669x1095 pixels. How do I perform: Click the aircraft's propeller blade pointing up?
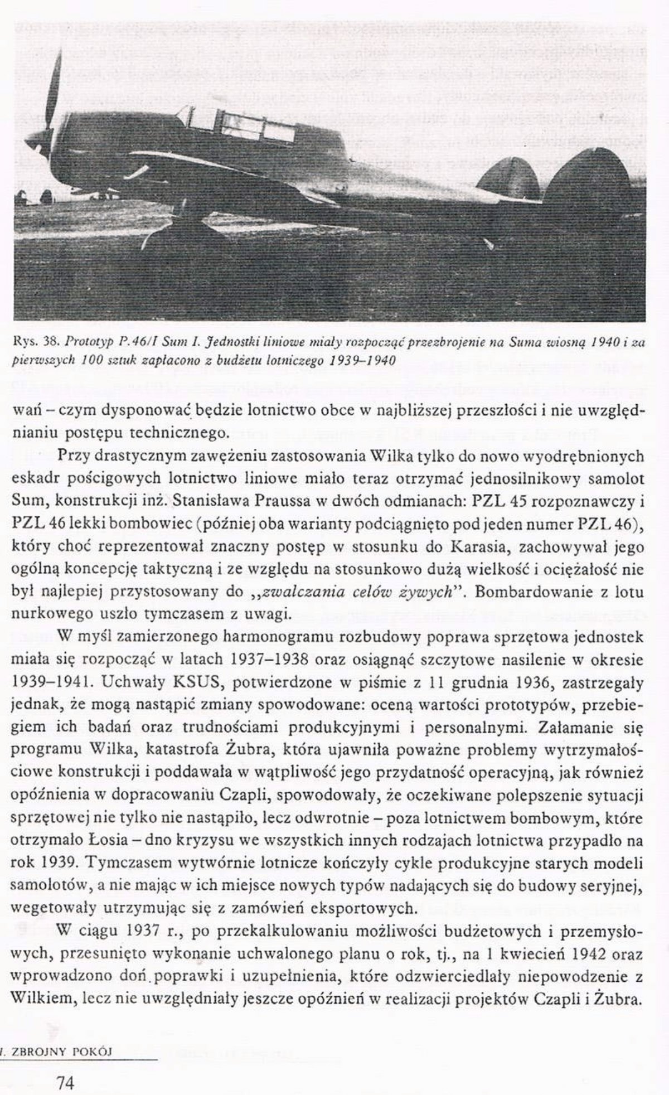[55, 84]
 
